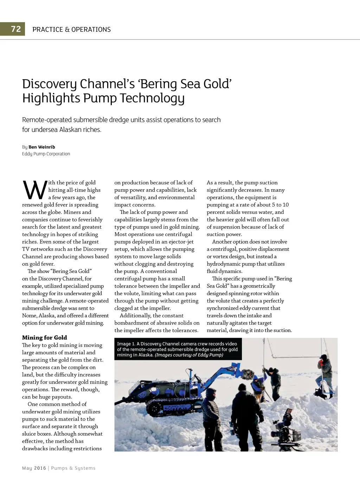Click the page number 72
pos(16,29)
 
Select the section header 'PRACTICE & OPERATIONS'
pos(71,30)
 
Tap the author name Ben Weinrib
pos(42,147)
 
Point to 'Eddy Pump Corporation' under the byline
pos(46,154)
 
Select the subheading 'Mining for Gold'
pos(44,337)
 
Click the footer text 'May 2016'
pos(34,468)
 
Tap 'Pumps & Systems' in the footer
pos(73,468)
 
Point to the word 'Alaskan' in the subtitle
pos(71,129)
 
